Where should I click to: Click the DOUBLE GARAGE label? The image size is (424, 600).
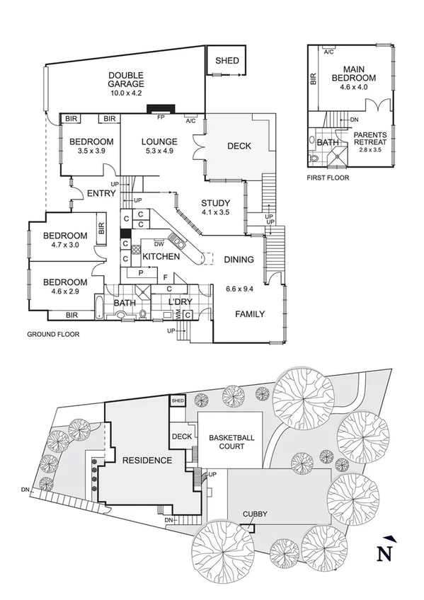click(x=126, y=80)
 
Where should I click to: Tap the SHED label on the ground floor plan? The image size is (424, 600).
click(x=227, y=61)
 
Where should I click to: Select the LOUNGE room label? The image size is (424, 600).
click(x=159, y=142)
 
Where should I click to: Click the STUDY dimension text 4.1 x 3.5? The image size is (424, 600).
click(x=216, y=212)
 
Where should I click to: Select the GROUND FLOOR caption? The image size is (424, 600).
click(x=53, y=334)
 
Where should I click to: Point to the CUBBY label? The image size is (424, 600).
click(x=254, y=515)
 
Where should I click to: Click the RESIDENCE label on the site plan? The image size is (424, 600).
click(x=147, y=461)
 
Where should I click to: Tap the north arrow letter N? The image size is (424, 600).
click(x=382, y=552)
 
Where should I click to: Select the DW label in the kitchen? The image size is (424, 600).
click(x=159, y=243)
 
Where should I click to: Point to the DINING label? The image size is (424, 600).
click(x=239, y=260)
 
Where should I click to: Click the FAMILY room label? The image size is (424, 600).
click(x=249, y=314)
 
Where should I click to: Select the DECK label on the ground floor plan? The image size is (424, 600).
click(x=239, y=146)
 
